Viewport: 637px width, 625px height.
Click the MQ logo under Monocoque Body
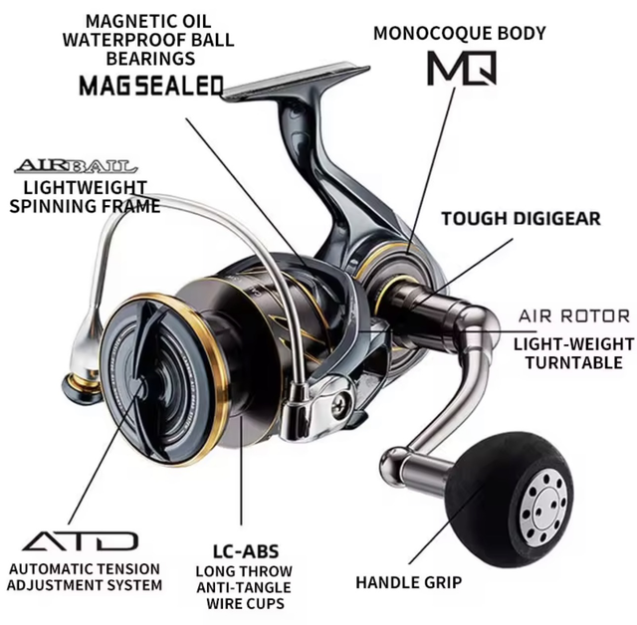pyautogui.click(x=460, y=67)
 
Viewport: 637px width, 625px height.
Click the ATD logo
pyautogui.click(x=80, y=541)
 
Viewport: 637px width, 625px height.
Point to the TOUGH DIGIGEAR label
pyautogui.click(x=521, y=218)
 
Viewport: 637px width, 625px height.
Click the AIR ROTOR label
pyautogui.click(x=574, y=316)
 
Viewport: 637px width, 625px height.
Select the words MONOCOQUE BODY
pyautogui.click(x=459, y=33)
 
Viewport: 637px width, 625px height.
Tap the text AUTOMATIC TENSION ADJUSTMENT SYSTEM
pyautogui.click(x=84, y=576)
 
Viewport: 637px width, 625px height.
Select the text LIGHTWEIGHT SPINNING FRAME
pyautogui.click(x=84, y=197)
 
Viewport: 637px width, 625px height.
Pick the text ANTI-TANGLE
pyautogui.click(x=244, y=587)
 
